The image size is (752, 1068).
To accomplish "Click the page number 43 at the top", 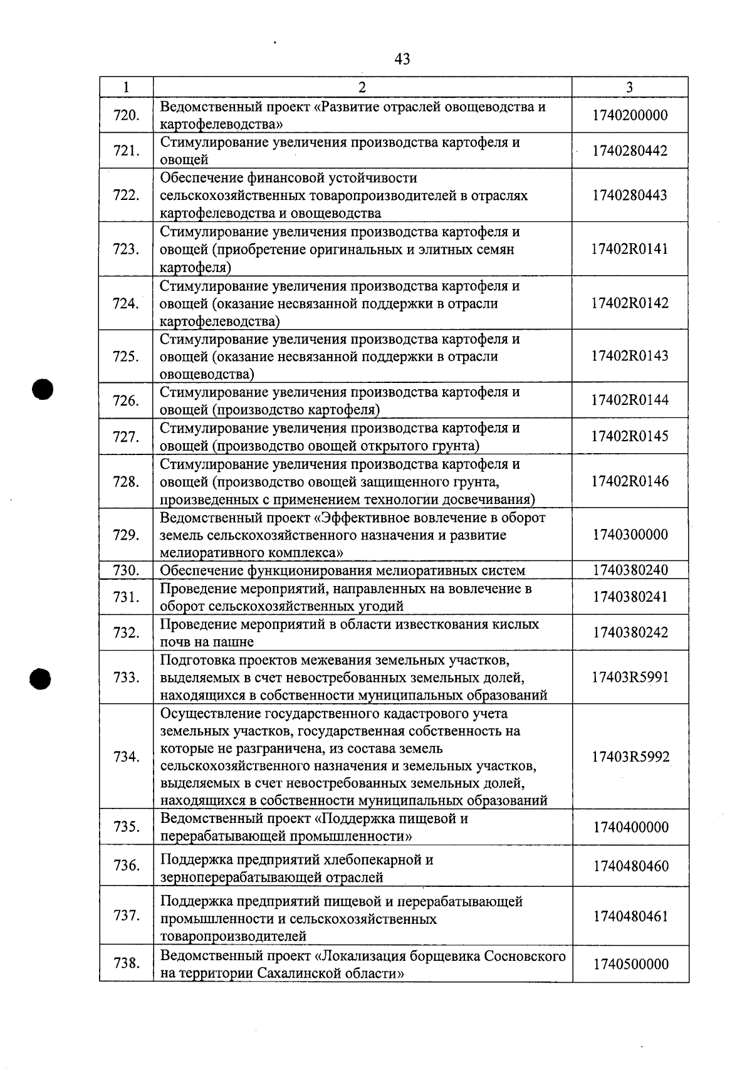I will (402, 59).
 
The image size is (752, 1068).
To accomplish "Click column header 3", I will (629, 87).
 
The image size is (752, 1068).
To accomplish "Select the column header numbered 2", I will (362, 87).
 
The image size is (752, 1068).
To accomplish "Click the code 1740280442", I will (630, 151).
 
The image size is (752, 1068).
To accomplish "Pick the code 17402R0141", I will (630, 249).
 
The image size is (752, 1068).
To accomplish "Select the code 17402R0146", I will (630, 481).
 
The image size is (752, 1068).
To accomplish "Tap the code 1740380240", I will (630, 570).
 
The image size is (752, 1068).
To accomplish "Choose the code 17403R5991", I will (630, 678).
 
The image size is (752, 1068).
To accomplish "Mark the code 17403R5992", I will (630, 757).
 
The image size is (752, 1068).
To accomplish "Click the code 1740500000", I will (630, 965).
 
